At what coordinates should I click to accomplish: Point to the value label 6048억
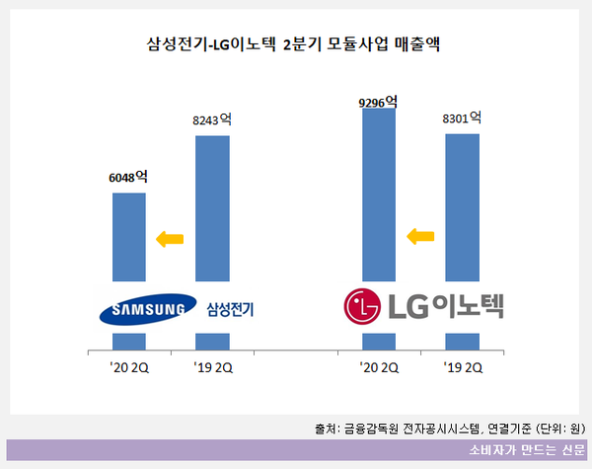128,178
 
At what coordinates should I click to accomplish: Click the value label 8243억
212,120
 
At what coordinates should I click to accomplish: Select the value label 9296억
380,100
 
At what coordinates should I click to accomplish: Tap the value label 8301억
463,118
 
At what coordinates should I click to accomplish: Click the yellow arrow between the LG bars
421,235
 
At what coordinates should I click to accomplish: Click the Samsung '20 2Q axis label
129,368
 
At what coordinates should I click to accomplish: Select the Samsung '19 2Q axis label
213,368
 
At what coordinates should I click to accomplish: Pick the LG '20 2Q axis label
380,368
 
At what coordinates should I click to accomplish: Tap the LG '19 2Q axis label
463,368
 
